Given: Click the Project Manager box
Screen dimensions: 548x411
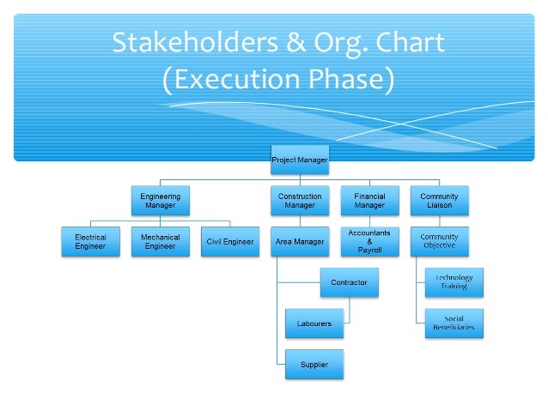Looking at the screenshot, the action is click(300, 160).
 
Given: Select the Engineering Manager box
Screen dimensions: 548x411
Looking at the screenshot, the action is click(160, 201).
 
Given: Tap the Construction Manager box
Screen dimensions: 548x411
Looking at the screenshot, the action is click(300, 201).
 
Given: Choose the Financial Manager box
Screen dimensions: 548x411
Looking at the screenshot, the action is click(369, 201).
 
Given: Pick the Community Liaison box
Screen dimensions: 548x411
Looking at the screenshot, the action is click(439, 201).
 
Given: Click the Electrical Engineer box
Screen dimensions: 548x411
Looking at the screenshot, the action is click(90, 242).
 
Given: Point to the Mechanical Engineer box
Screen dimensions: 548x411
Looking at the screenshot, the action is click(160, 242).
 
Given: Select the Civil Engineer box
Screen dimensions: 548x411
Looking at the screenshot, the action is click(230, 242).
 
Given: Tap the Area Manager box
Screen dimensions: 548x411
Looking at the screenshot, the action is click(300, 242).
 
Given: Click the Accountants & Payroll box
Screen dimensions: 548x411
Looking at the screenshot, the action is click(369, 242).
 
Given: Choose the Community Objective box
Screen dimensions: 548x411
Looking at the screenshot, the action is click(439, 242).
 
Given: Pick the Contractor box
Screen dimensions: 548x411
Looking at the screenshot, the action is click(349, 282).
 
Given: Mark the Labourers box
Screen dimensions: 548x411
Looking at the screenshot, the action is click(314, 323).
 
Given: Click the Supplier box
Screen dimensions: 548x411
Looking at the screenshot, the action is click(314, 365).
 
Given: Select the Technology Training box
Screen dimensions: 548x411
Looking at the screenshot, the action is click(454, 282).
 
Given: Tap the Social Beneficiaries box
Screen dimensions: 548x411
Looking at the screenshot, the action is click(454, 323).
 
